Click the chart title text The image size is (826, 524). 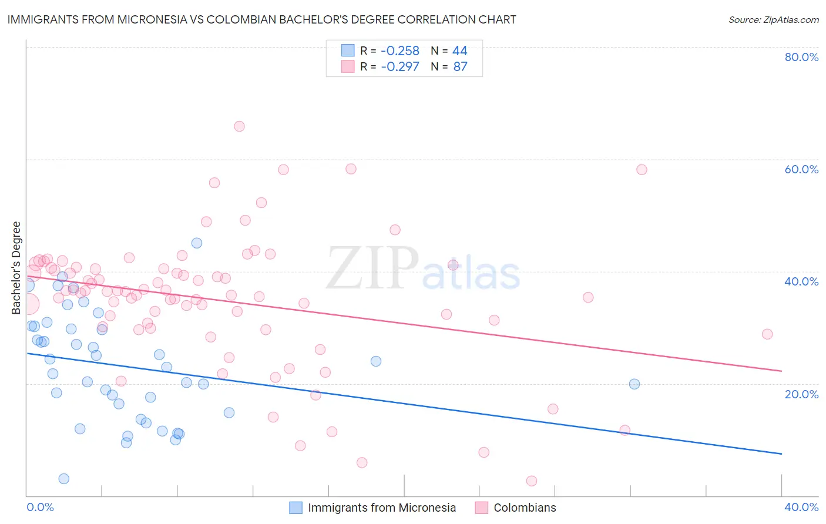click(x=261, y=19)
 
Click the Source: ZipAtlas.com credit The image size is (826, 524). click(x=773, y=19)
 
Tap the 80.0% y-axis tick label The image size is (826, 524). click(x=801, y=57)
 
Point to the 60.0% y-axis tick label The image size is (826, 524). click(x=801, y=169)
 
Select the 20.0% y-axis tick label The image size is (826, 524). click(x=801, y=394)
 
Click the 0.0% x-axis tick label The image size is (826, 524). click(x=40, y=507)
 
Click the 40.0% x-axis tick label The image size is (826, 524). click(x=801, y=507)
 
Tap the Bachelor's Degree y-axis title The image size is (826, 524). click(x=16, y=267)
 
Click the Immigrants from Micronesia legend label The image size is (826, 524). click(x=381, y=508)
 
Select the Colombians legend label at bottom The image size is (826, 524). click(x=525, y=508)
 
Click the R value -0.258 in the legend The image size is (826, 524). click(x=400, y=51)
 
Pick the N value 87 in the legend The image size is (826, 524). click(x=460, y=66)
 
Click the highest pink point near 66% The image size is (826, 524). click(x=239, y=126)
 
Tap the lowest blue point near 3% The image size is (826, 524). click(x=64, y=479)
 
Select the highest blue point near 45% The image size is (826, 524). click(x=197, y=243)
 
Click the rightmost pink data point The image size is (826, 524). click(x=767, y=334)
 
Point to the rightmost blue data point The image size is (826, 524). click(x=634, y=384)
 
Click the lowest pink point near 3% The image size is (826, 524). click(x=532, y=481)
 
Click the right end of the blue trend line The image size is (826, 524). click(x=781, y=454)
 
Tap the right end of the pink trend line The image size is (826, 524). click(x=781, y=371)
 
